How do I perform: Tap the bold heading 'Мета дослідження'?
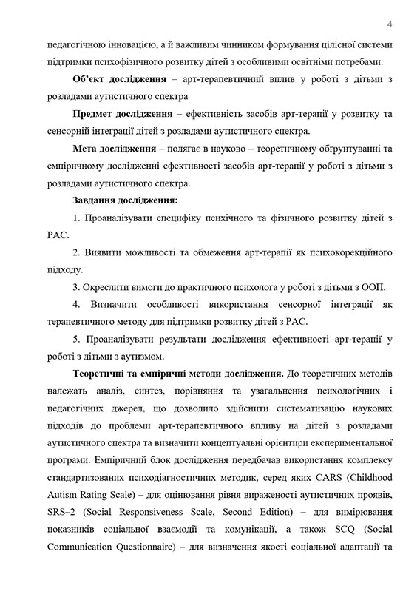(x=115, y=149)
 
